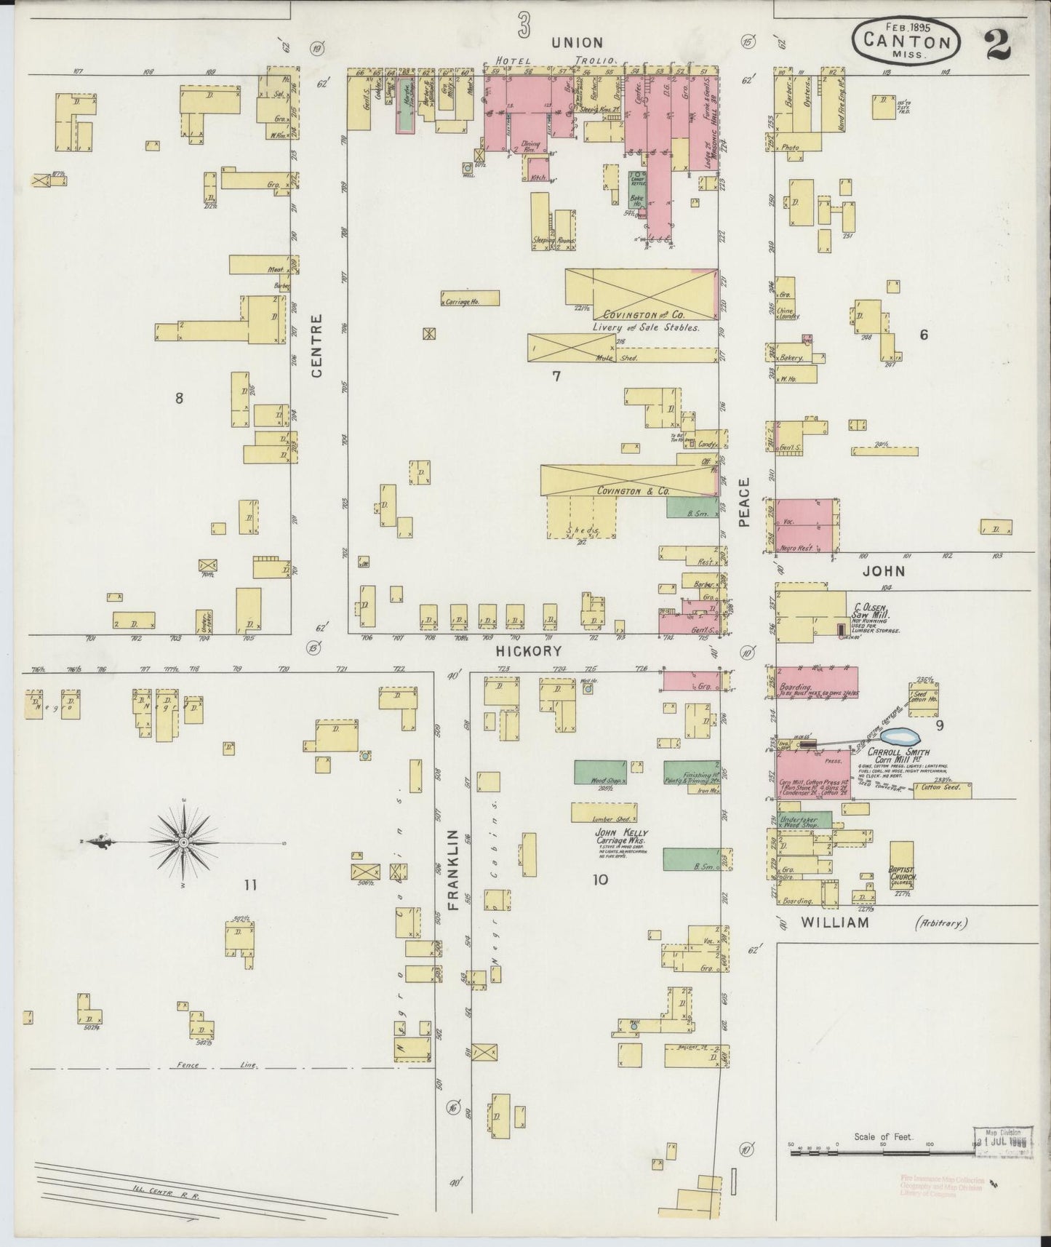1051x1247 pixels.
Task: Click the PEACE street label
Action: point(744,502)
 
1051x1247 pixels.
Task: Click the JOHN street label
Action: point(884,570)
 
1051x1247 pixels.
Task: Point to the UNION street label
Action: point(577,42)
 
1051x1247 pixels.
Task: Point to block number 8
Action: point(178,397)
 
